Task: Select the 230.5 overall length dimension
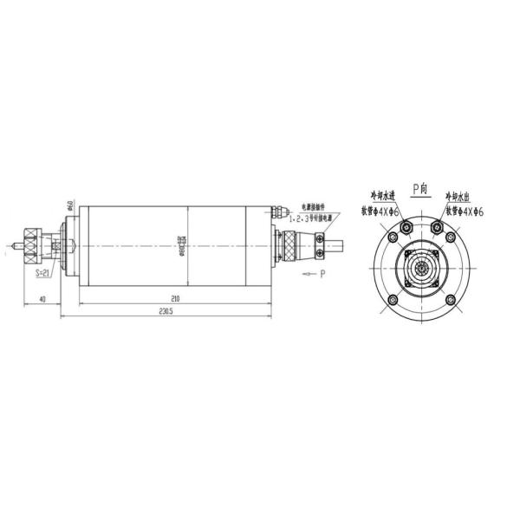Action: (166, 312)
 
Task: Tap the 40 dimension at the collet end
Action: (42, 299)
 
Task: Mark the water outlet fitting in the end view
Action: (436, 227)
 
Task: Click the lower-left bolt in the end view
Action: (392, 300)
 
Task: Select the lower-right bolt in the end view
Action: (451, 300)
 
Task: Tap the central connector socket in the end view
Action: (421, 270)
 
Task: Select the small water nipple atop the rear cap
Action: (276, 211)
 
